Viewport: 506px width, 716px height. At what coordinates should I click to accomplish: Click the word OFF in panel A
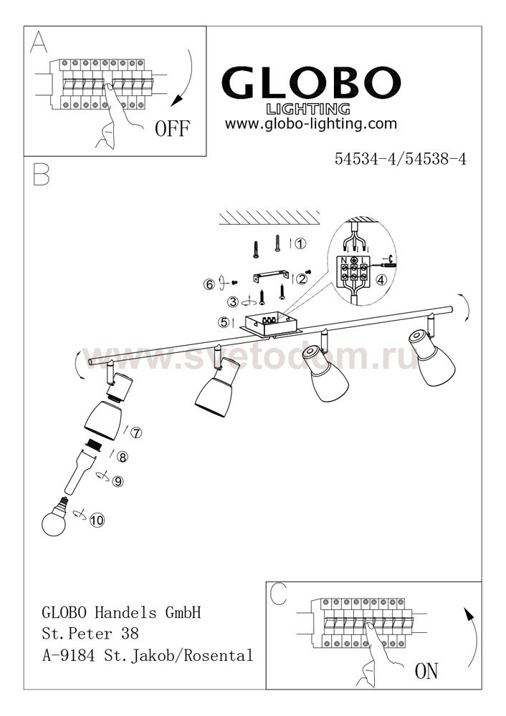172,129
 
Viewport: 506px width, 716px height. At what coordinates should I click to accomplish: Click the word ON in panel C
426,671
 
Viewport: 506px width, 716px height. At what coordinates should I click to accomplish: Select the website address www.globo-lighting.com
311,124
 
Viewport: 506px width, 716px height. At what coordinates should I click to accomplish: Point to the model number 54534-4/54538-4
401,159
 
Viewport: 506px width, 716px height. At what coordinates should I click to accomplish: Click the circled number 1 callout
300,244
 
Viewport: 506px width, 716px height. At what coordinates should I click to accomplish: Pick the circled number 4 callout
381,280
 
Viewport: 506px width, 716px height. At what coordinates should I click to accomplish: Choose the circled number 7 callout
136,432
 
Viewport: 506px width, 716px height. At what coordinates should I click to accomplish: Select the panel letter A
39,42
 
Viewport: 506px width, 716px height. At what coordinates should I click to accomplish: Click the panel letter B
41,175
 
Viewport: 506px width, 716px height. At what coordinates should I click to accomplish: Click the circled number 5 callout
224,322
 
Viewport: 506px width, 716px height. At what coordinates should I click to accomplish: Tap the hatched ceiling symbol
269,218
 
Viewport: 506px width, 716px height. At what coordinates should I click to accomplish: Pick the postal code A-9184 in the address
69,656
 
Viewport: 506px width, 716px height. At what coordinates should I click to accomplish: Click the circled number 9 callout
118,481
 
